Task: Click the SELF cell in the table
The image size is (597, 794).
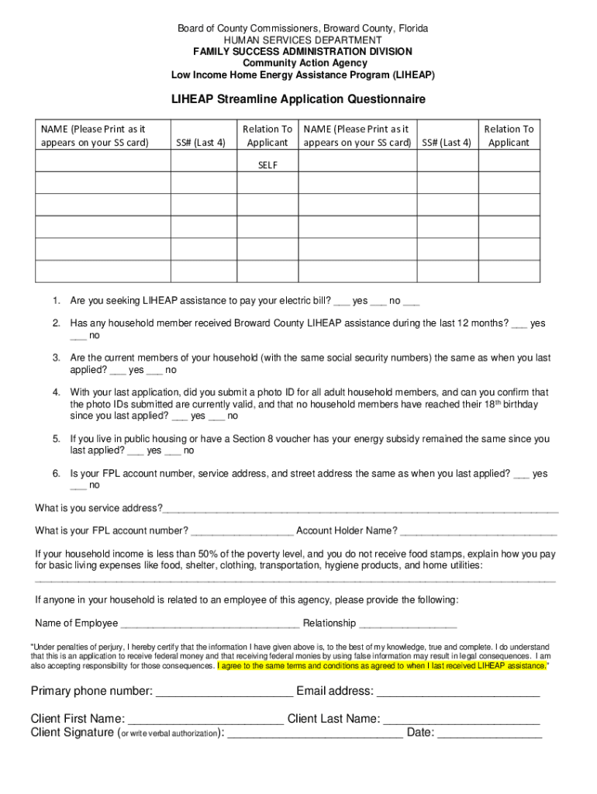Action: click(x=267, y=165)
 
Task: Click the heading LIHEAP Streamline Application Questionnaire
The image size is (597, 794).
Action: click(x=298, y=99)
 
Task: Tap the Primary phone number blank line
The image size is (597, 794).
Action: click(x=224, y=692)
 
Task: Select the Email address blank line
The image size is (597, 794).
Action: click(x=458, y=692)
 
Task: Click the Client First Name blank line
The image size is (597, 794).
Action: click(x=205, y=720)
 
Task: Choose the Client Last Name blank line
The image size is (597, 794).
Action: click(x=461, y=720)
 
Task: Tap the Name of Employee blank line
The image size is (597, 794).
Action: click(x=210, y=624)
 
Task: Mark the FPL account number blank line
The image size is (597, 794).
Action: click(x=242, y=532)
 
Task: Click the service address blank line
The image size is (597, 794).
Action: click(x=361, y=509)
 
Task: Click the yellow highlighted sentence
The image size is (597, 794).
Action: click(x=384, y=665)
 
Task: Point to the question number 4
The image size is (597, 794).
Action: click(x=57, y=392)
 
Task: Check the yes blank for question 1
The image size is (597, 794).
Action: click(x=341, y=302)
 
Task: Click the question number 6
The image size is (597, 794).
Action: click(x=57, y=474)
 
